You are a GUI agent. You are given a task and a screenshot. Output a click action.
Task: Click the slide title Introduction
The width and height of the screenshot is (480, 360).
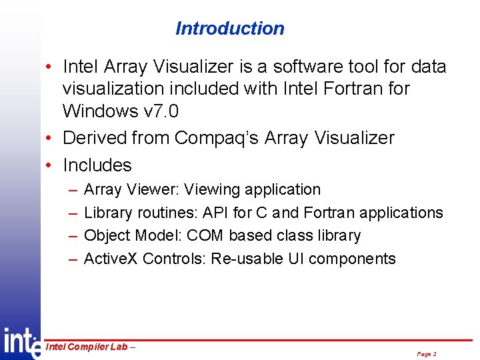(x=229, y=29)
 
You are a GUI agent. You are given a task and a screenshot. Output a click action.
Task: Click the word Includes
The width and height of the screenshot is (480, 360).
(x=97, y=165)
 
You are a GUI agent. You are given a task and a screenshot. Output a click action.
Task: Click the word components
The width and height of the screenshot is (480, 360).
(x=352, y=259)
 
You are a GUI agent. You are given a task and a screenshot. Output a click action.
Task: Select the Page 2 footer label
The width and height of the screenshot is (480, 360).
(x=427, y=354)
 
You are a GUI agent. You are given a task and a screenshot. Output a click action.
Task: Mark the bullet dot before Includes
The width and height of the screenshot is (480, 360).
(x=50, y=165)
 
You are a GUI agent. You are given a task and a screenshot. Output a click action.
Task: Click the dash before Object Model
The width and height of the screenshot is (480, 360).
(x=72, y=236)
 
